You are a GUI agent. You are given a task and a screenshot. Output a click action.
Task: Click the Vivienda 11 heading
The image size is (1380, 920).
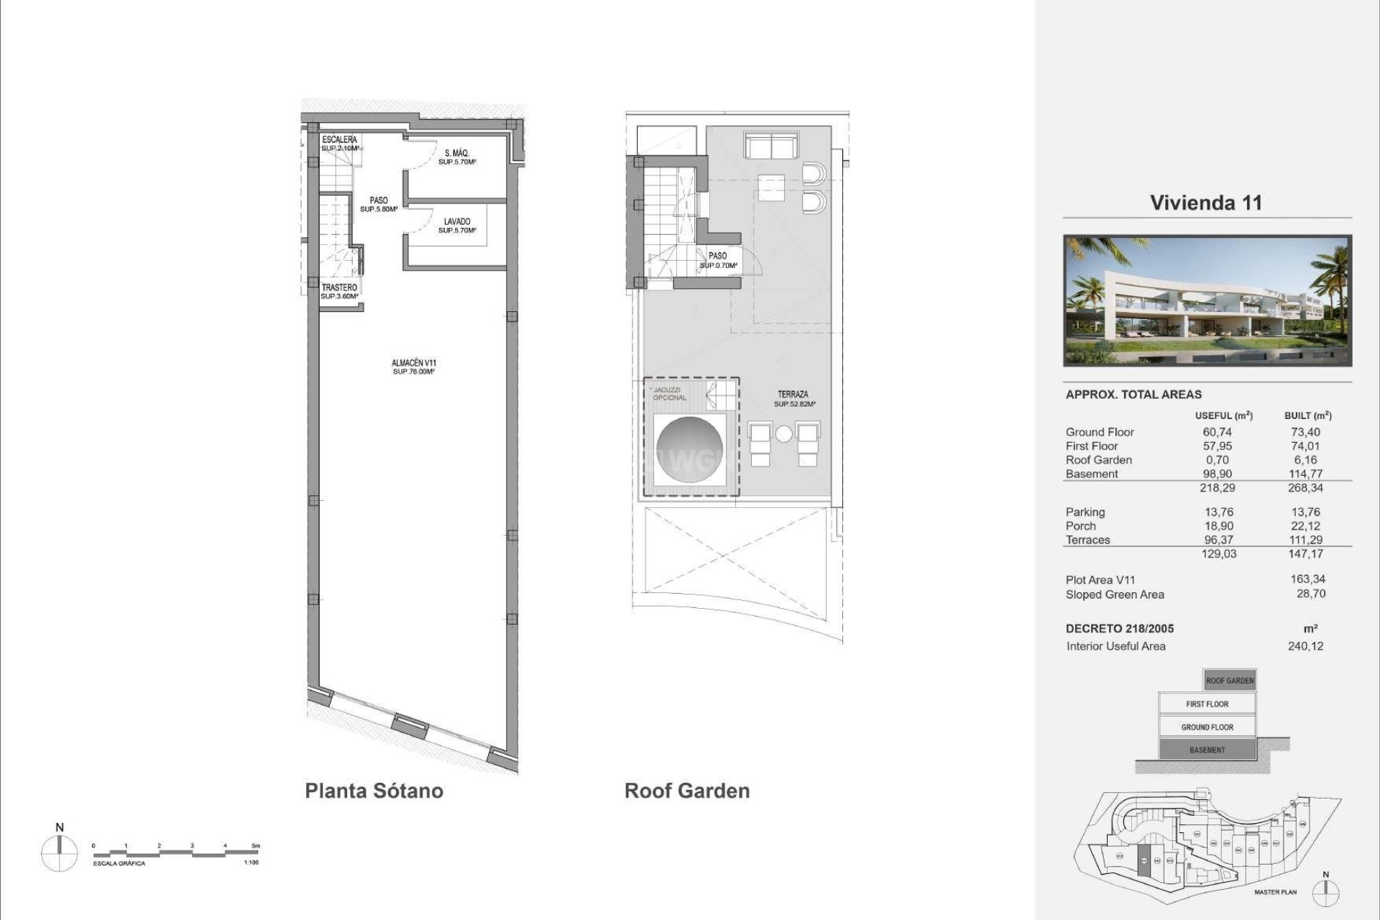click(1205, 203)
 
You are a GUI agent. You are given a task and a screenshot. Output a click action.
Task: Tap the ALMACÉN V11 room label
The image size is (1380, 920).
click(413, 364)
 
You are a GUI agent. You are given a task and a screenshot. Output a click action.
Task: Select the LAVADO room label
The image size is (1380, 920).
click(456, 222)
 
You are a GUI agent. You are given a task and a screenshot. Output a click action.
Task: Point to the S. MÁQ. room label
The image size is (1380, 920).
click(456, 153)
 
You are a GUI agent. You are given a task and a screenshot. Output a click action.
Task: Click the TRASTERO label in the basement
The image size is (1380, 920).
click(339, 287)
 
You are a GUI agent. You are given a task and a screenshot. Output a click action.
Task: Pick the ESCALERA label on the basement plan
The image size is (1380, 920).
click(339, 139)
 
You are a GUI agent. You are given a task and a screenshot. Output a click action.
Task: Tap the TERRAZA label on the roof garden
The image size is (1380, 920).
click(792, 395)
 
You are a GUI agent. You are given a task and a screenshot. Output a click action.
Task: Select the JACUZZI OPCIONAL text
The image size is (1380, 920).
click(669, 394)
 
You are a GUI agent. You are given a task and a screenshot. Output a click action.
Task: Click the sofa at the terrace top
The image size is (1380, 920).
click(770, 146)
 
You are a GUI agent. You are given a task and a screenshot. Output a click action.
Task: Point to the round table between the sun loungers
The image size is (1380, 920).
click(783, 434)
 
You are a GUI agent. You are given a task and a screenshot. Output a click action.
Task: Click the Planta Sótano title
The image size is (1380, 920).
click(374, 791)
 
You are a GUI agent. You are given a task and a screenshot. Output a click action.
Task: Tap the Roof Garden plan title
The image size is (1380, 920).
click(686, 791)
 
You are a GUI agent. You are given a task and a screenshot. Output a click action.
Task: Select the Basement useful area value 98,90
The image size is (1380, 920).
click(1217, 474)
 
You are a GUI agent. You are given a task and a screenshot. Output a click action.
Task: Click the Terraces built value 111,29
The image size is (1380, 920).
click(1305, 540)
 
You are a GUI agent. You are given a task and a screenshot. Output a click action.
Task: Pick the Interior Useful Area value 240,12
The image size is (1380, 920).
click(1305, 646)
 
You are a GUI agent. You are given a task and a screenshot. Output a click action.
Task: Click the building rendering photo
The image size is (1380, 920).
click(1207, 300)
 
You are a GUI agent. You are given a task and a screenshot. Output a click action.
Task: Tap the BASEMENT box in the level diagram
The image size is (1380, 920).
click(1207, 750)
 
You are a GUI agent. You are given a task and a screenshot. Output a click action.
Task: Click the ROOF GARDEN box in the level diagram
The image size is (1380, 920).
click(1229, 680)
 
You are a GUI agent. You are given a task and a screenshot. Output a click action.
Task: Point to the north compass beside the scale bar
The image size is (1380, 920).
click(59, 854)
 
